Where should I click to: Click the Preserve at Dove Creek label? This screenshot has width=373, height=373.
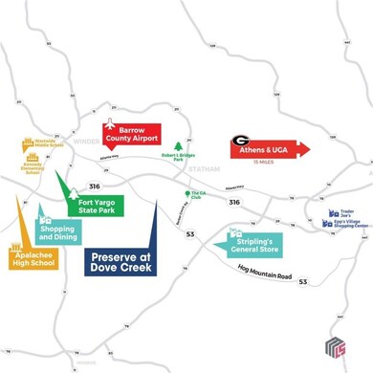121,261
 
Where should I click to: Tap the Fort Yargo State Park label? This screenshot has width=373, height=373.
99,205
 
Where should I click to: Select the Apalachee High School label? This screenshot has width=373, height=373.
33,260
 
